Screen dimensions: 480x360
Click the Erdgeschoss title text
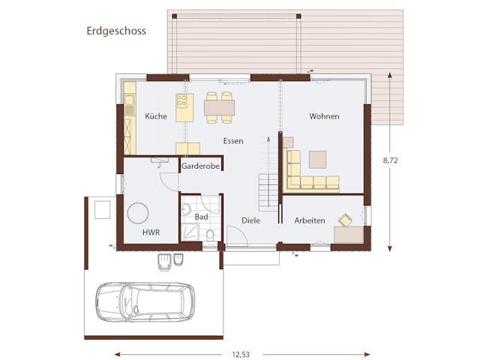pyautogui.click(x=116, y=31)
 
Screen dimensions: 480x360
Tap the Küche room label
pyautogui.click(x=156, y=116)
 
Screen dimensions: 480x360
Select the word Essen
pyautogui.click(x=233, y=141)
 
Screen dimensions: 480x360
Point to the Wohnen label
pyautogui.click(x=324, y=116)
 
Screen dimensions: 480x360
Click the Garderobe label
pyautogui.click(x=200, y=166)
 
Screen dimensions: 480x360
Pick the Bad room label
pyautogui.click(x=201, y=217)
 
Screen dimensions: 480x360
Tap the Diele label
pyautogui.click(x=250, y=220)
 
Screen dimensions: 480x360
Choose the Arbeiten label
pyautogui.click(x=310, y=220)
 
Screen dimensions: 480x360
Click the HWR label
pyautogui.click(x=151, y=232)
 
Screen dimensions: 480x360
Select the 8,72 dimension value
pyautogui.click(x=390, y=160)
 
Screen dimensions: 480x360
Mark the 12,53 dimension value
pyautogui.click(x=241, y=355)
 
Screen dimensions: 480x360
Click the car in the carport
pyautogui.click(x=145, y=301)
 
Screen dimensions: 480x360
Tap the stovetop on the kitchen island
pyautogui.click(x=181, y=100)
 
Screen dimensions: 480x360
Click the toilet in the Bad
pyautogui.click(x=210, y=235)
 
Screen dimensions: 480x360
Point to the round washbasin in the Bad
pyautogui.click(x=186, y=209)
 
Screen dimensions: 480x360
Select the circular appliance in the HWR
pyautogui.click(x=138, y=213)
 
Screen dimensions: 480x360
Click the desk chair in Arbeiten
pyautogui.click(x=345, y=220)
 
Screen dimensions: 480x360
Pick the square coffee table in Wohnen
pyautogui.click(x=317, y=160)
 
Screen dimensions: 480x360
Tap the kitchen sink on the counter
pyautogui.click(x=130, y=100)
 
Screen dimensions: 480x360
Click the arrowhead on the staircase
pyautogui.click(x=268, y=139)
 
